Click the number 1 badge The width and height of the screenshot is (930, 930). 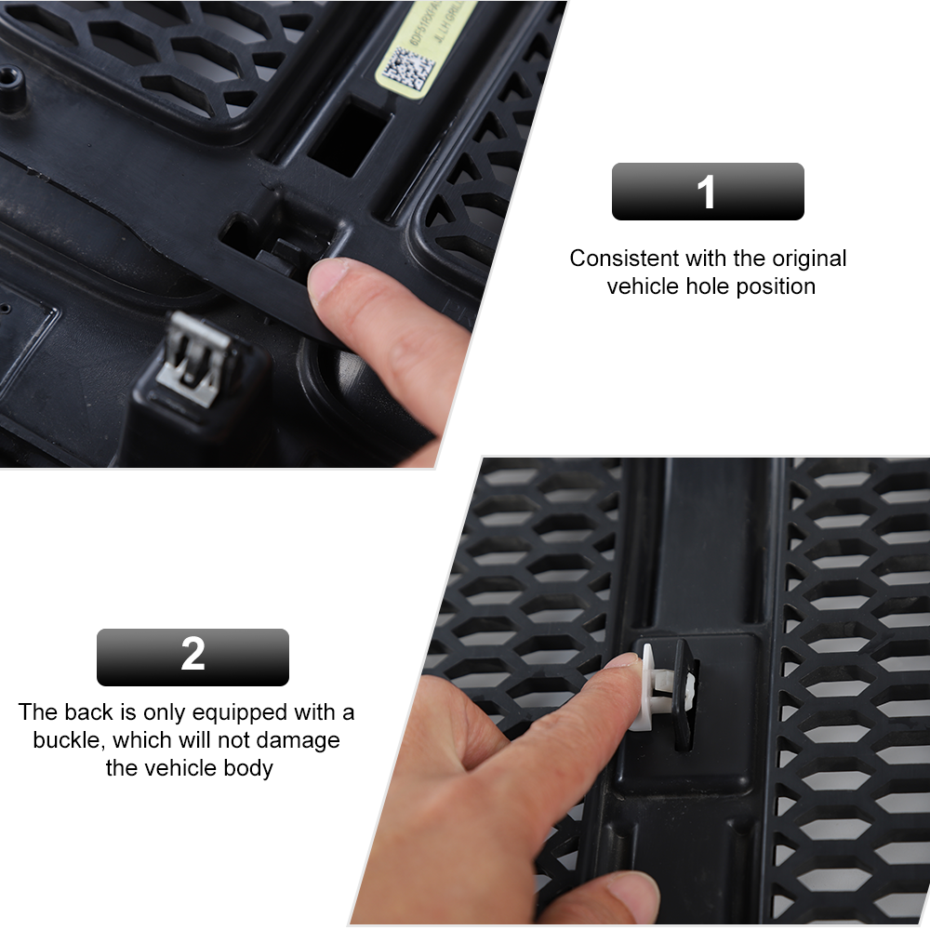707,193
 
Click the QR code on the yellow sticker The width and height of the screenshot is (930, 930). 409,70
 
